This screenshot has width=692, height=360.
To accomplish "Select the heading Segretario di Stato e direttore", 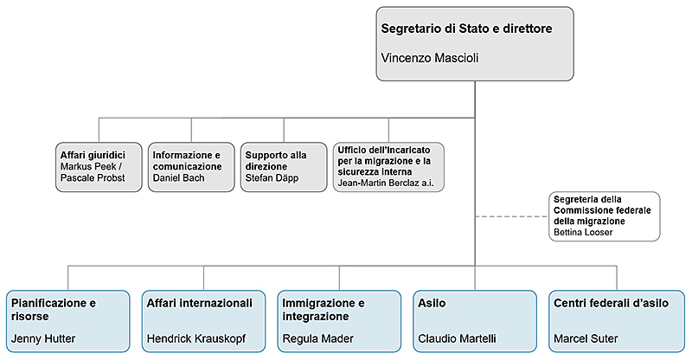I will pyautogui.click(x=466, y=29).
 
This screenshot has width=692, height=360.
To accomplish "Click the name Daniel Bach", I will pyautogui.click(x=178, y=177).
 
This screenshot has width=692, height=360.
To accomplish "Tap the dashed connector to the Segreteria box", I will pyautogui.click(x=512, y=215).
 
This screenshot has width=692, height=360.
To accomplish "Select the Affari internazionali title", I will pyautogui.click(x=200, y=303).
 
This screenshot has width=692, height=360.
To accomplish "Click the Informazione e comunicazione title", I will pyautogui.click(x=185, y=160).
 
